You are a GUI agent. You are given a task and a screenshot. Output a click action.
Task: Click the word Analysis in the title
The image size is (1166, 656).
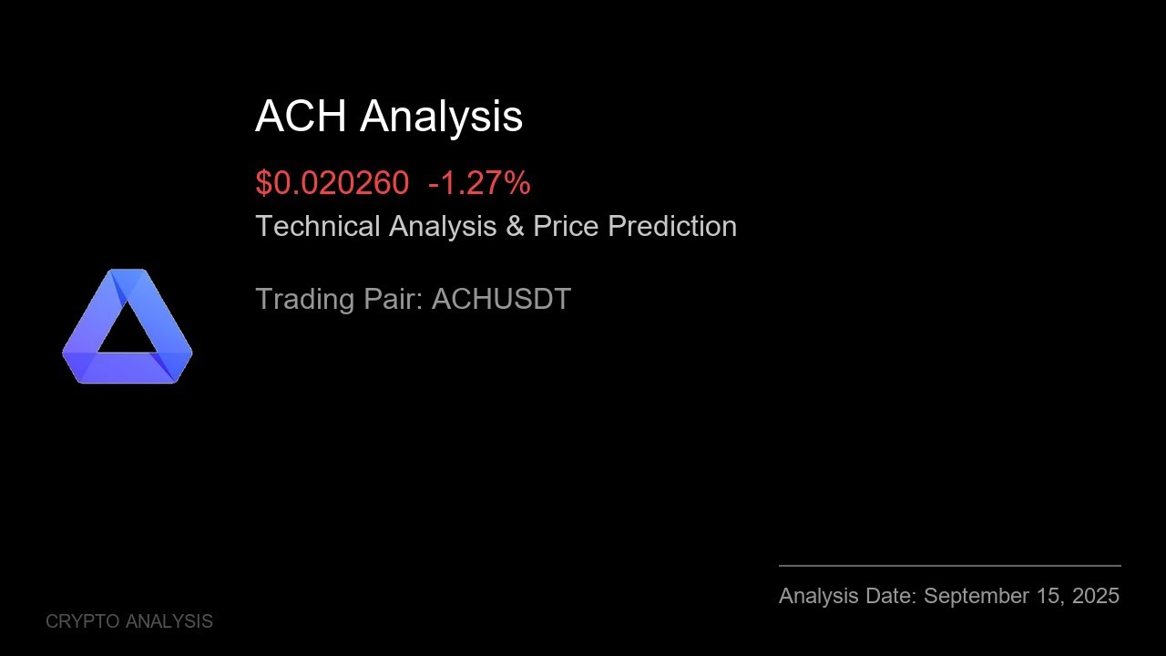coord(441,117)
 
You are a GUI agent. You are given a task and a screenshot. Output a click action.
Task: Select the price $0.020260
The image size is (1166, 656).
coord(332,183)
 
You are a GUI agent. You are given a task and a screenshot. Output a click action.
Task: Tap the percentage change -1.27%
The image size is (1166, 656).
coord(479,183)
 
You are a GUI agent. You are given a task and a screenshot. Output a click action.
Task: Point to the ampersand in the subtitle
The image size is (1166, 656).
coord(515,226)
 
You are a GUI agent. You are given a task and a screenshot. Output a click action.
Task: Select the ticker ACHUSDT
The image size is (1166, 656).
coord(501,299)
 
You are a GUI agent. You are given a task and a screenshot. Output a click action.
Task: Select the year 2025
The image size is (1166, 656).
coord(1096,596)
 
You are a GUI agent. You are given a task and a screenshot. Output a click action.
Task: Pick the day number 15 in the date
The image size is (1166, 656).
coord(1048,596)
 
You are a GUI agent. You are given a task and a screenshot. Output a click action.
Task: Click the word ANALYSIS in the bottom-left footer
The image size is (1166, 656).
coord(169,621)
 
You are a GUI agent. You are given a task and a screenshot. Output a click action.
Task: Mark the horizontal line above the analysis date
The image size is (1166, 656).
coord(949,566)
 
